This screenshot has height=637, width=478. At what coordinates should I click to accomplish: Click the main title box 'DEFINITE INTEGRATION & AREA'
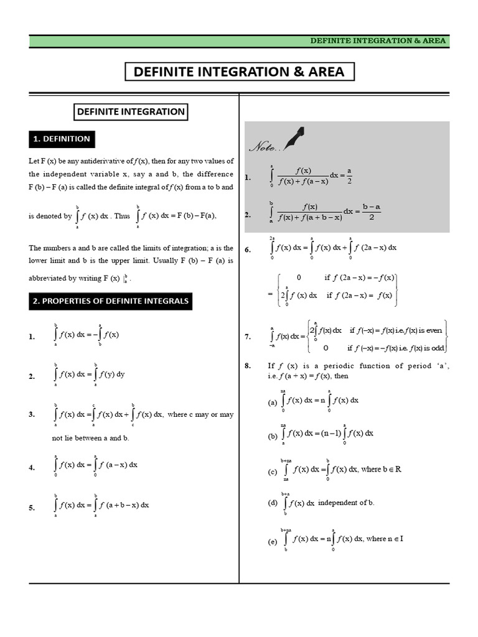coord(240,72)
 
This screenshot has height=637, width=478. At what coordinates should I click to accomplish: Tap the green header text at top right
coord(378,41)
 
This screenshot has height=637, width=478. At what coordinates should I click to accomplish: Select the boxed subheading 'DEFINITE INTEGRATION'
coord(130,112)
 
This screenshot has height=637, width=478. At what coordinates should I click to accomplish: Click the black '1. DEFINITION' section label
coord(62,139)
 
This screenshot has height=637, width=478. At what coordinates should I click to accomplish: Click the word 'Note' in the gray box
coord(265,147)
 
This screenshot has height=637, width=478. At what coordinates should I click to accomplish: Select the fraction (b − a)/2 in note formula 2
coord(371,212)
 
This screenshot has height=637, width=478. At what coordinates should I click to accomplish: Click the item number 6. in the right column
coord(248,249)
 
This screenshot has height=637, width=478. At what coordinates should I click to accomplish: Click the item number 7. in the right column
coord(248,337)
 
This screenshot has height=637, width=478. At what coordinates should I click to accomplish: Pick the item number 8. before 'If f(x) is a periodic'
coord(248,366)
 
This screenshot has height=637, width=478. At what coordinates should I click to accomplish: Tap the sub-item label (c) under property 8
coord(272,472)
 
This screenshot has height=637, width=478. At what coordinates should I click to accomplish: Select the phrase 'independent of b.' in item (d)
coord(346,502)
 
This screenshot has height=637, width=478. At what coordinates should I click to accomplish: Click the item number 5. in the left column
coord(32,508)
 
